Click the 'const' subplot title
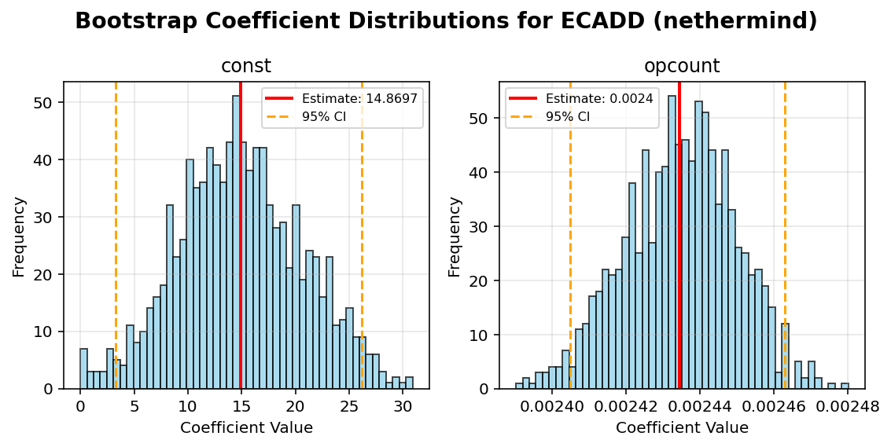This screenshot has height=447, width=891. (246, 67)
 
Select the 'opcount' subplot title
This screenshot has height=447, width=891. (682, 67)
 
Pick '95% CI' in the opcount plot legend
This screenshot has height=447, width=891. (567, 116)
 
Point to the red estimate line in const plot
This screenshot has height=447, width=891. (241, 236)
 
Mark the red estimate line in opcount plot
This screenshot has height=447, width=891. (679, 236)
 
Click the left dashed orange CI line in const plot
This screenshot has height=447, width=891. (116, 236)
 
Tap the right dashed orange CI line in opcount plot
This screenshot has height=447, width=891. (785, 236)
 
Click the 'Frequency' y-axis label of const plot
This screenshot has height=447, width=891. (20, 236)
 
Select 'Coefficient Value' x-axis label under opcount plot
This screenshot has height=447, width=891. (682, 428)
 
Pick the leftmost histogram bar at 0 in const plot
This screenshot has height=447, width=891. (83, 369)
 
